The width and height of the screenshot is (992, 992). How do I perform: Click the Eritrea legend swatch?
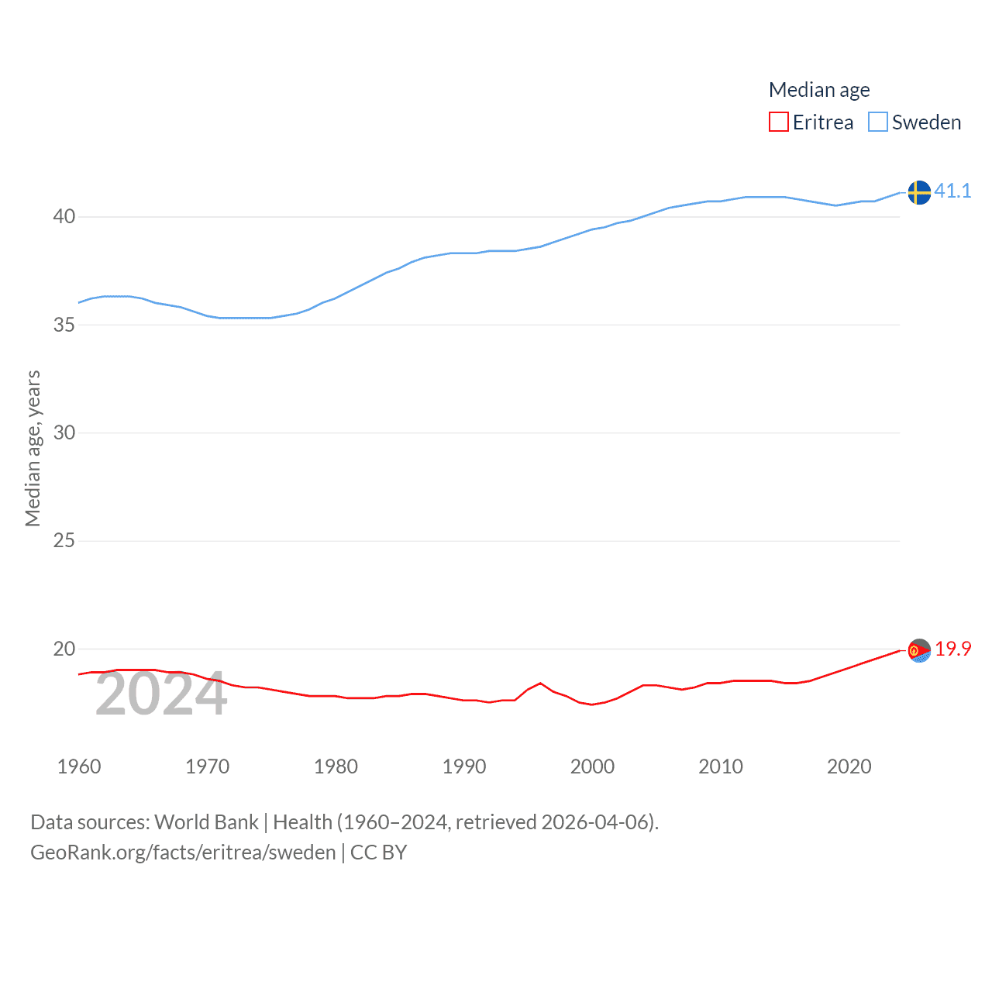tap(778, 122)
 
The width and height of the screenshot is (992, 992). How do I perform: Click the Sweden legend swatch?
tap(877, 122)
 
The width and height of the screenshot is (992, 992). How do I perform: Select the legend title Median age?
tap(819, 90)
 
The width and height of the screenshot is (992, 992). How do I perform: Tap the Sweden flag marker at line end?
tap(919, 192)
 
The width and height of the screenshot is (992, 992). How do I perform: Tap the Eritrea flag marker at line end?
tap(919, 651)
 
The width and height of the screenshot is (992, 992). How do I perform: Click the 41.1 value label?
tap(952, 191)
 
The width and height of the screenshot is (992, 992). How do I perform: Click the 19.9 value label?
tap(952, 649)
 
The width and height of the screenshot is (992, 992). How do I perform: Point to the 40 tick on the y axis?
tap(64, 217)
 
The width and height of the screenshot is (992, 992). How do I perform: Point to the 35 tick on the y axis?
tap(64, 325)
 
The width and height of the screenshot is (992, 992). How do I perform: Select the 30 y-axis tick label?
tap(64, 432)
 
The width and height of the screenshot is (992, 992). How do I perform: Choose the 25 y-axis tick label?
tap(64, 541)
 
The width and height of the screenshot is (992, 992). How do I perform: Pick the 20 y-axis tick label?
tap(64, 649)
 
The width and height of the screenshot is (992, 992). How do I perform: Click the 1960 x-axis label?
tap(79, 766)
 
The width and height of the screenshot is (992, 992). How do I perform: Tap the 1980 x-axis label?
tap(336, 766)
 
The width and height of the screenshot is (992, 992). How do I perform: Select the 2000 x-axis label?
tap(592, 766)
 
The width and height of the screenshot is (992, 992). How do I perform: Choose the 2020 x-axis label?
tap(849, 766)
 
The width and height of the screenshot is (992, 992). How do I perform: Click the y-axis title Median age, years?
tap(33, 448)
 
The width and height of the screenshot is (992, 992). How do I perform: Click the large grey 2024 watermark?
tap(161, 694)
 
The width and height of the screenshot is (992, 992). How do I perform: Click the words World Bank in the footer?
tap(206, 821)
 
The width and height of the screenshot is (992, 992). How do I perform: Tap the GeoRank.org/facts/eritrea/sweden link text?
tap(183, 852)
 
